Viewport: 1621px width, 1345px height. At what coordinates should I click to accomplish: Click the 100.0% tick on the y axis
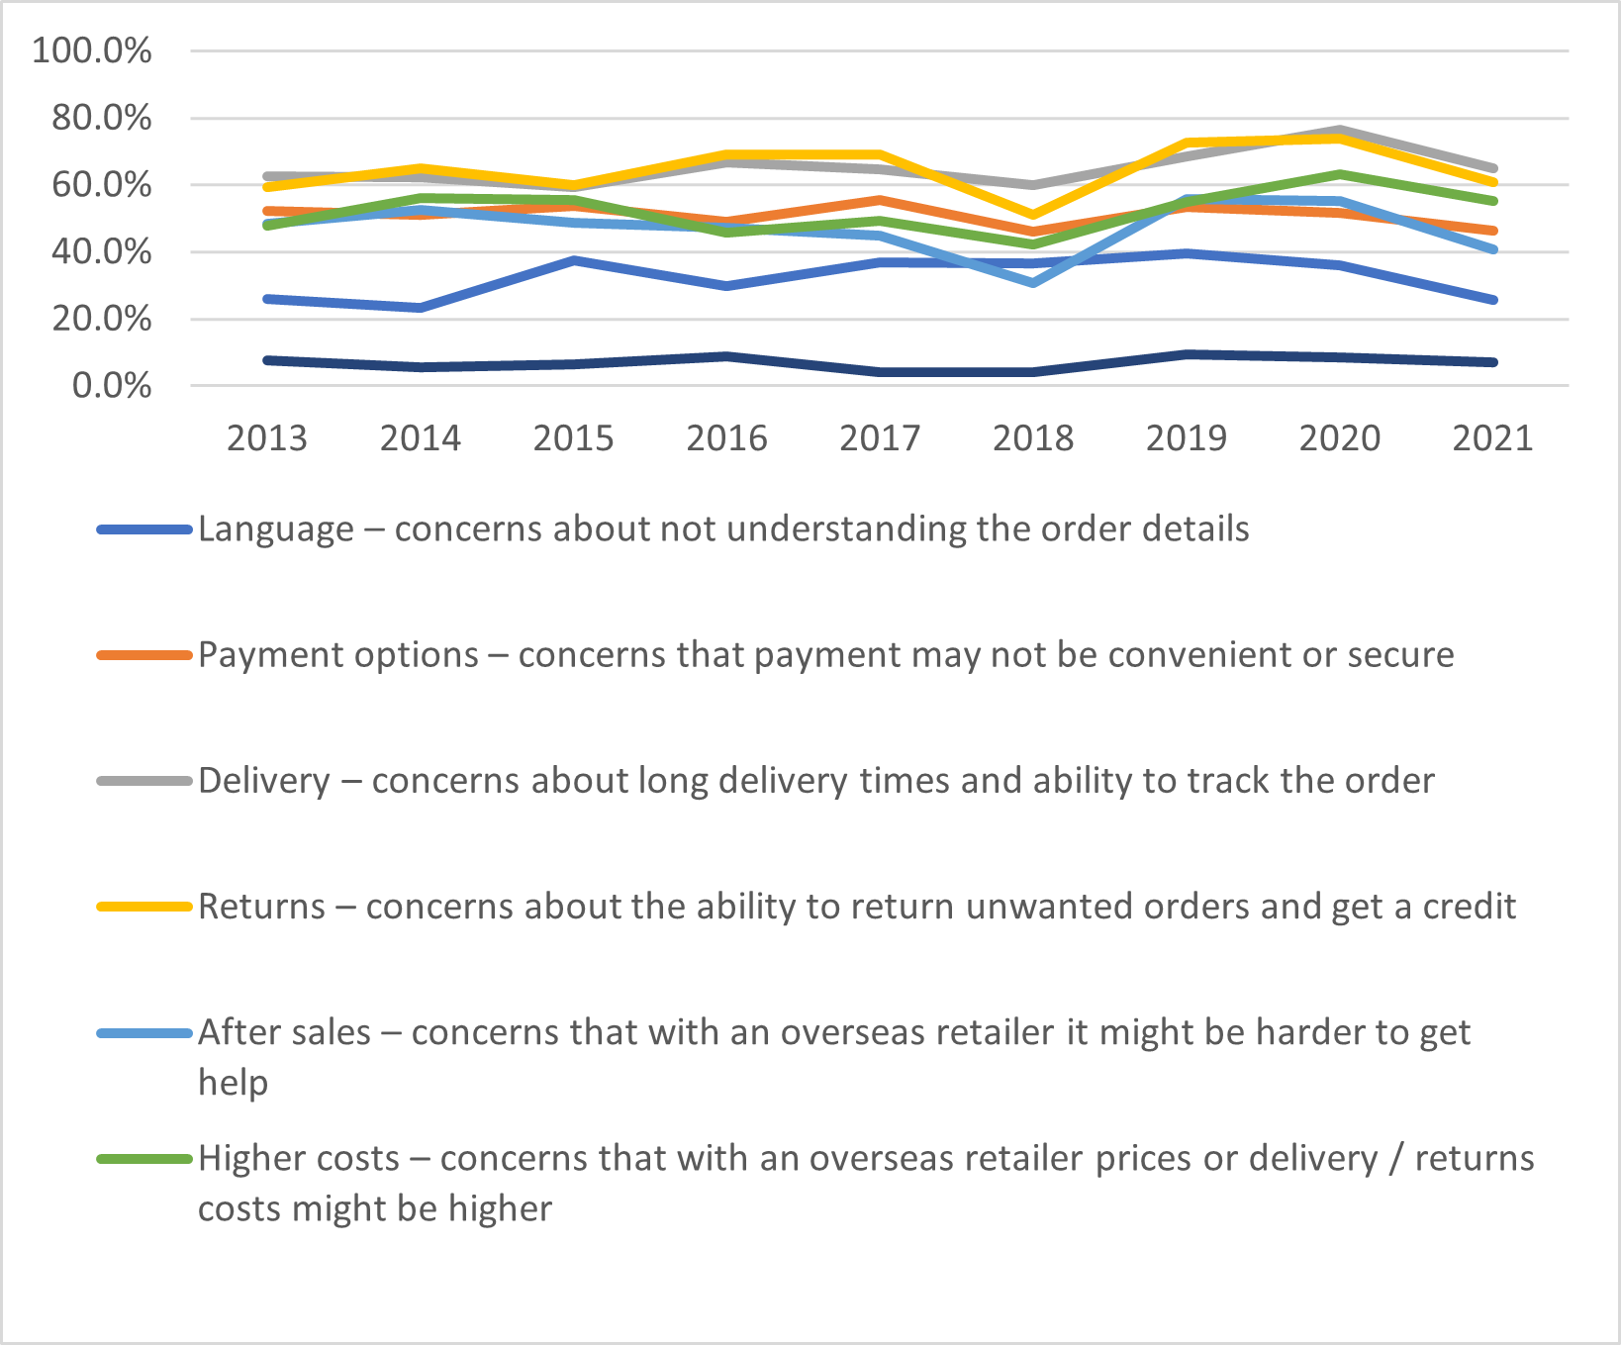point(92,50)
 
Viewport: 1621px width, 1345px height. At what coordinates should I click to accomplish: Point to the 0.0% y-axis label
point(112,385)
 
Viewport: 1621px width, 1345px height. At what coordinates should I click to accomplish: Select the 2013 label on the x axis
point(267,437)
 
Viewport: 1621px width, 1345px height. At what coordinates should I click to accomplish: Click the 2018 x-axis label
point(1033,437)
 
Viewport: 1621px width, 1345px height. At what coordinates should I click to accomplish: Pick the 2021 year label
point(1492,437)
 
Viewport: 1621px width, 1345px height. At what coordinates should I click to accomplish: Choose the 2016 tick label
point(726,437)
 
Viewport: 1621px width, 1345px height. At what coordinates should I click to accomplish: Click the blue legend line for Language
point(144,529)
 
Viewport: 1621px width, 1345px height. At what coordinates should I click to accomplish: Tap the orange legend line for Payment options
point(144,655)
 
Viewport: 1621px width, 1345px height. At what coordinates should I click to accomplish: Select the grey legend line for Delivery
point(144,781)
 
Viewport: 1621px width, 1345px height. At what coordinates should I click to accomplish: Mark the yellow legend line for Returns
point(144,907)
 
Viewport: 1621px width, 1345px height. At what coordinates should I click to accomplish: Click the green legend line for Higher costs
point(144,1158)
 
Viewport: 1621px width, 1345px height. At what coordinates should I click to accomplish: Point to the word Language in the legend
point(275,529)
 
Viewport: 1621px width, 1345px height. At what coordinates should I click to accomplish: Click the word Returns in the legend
point(261,907)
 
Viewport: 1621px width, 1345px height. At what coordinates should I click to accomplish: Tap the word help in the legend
point(233,1083)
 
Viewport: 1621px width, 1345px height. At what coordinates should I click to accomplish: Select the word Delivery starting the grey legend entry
point(263,781)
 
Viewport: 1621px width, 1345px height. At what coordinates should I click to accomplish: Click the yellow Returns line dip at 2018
point(1033,215)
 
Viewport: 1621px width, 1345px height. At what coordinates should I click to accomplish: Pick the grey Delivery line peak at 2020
point(1340,131)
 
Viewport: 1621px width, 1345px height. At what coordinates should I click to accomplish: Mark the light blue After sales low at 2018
point(1033,283)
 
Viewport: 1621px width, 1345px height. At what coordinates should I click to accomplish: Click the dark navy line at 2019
point(1187,354)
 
